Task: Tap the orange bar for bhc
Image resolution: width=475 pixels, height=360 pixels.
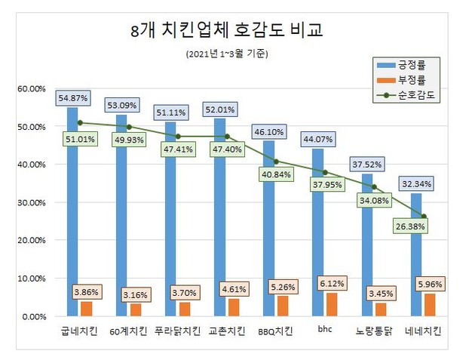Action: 329,305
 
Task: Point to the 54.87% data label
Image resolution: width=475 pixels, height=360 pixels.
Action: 72,98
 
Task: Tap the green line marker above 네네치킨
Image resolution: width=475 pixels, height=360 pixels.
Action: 424,217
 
